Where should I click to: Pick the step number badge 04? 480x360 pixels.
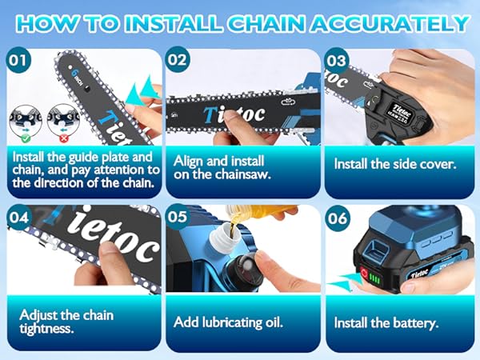(18, 217)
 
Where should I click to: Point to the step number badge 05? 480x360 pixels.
(178, 217)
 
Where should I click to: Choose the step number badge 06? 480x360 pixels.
(336, 217)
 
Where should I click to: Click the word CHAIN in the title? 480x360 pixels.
(254, 22)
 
